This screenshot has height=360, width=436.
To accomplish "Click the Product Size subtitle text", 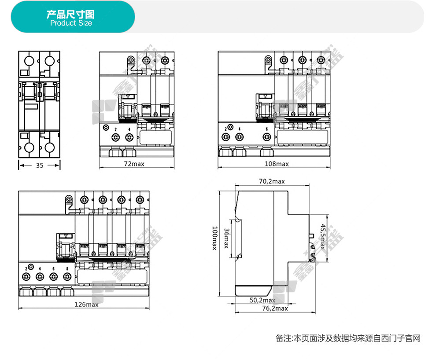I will [x=71, y=23].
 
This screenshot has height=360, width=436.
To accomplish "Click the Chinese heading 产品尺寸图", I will [x=71, y=15].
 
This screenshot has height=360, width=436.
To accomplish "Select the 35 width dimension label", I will [x=40, y=165].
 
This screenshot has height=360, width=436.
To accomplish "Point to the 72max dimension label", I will [x=134, y=164].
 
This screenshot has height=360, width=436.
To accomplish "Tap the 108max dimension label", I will [x=277, y=164].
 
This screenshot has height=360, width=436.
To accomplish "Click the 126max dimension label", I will [x=86, y=305].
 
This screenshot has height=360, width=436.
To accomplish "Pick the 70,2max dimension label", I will [x=272, y=181].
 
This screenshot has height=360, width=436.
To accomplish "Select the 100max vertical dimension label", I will [x=214, y=238].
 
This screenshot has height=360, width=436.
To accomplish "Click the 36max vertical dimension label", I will [x=226, y=238].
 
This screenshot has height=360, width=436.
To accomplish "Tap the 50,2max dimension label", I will [x=262, y=300].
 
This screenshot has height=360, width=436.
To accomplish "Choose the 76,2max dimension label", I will [x=275, y=308].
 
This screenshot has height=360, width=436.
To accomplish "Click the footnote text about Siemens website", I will [x=348, y=338].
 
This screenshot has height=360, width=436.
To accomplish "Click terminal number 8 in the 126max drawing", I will [x=67, y=268].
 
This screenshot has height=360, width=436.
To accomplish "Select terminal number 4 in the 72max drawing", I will [x=129, y=129].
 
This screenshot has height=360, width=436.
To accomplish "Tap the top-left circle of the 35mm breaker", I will [x=28, y=61].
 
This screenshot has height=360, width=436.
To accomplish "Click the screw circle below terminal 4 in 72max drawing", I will [x=129, y=138].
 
